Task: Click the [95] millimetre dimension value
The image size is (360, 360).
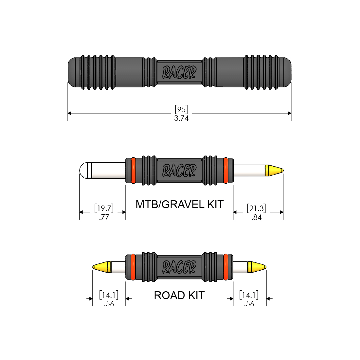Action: click(181, 109)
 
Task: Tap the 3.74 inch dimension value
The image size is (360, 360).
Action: click(181, 118)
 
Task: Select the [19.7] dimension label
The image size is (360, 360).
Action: click(104, 208)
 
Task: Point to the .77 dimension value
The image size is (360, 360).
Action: click(104, 217)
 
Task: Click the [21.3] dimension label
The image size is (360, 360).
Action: click(257, 208)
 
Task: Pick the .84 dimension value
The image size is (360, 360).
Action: click(257, 217)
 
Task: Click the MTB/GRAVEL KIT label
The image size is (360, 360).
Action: click(180, 204)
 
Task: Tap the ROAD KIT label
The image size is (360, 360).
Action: click(179, 295)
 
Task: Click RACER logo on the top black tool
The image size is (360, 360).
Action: click(179, 72)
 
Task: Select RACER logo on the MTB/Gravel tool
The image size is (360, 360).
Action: click(179, 171)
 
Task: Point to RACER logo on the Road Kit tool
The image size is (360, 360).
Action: click(179, 267)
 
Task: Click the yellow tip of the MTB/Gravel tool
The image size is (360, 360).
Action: click(274, 171)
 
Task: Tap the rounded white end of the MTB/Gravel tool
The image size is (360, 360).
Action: click(85, 171)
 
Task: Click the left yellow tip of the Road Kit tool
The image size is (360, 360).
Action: click(102, 267)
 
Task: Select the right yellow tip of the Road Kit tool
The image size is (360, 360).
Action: click(257, 267)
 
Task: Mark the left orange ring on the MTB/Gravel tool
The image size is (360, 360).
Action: click(134, 171)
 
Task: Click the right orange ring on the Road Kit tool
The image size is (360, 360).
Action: click(226, 267)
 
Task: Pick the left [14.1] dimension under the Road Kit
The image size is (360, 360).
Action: click(109, 295)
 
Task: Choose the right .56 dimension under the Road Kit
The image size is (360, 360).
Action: click(249, 304)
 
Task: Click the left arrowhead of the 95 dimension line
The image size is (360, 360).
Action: click(69, 113)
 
